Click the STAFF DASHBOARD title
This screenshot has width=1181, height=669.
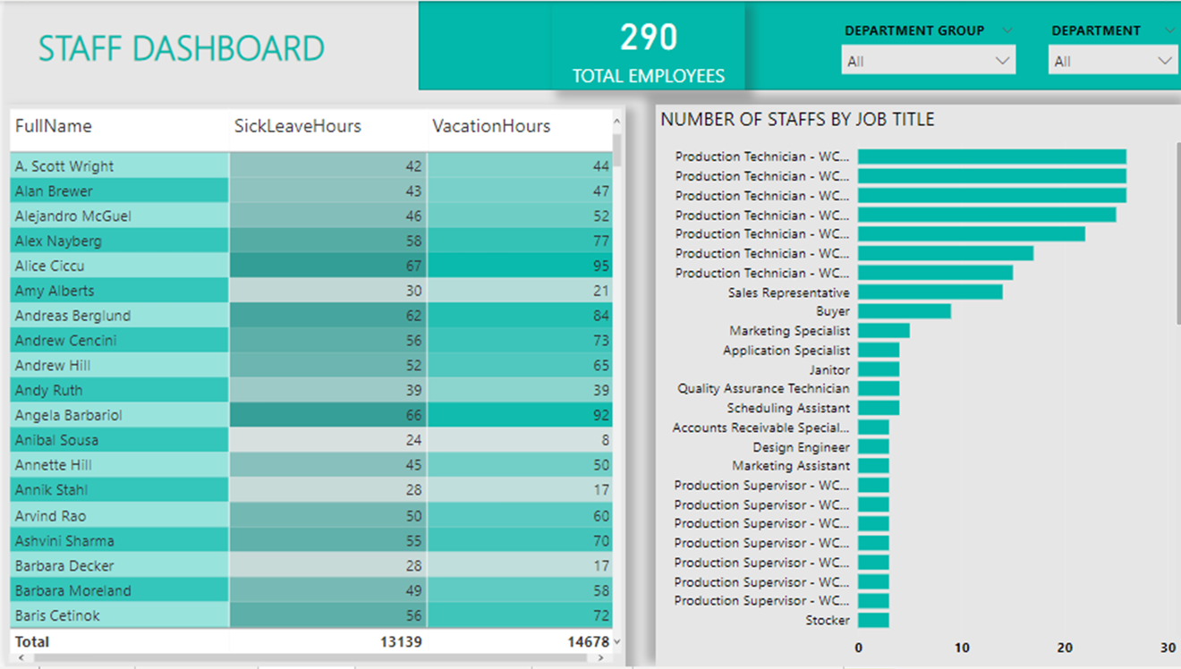pyautogui.click(x=181, y=48)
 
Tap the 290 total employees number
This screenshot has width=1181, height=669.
pyautogui.click(x=649, y=38)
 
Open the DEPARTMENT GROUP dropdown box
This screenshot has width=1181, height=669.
pyautogui.click(x=928, y=61)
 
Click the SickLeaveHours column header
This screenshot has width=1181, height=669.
pyautogui.click(x=298, y=126)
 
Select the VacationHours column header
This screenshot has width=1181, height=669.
pyautogui.click(x=491, y=126)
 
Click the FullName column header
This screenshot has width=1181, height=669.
pyautogui.click(x=54, y=126)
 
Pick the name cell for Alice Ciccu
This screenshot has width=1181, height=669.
pyautogui.click(x=50, y=266)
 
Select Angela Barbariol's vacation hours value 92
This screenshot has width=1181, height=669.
pyautogui.click(x=600, y=415)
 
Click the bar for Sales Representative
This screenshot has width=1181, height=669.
pyautogui.click(x=930, y=292)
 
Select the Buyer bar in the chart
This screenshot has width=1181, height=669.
pyautogui.click(x=904, y=311)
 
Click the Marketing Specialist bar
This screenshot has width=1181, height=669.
pyautogui.click(x=883, y=331)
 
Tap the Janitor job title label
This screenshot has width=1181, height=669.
pyautogui.click(x=829, y=369)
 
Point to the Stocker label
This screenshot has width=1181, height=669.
pyautogui.click(x=828, y=620)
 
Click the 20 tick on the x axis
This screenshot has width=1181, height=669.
pyautogui.click(x=1065, y=648)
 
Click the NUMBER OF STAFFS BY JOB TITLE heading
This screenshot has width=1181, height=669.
pyautogui.click(x=797, y=119)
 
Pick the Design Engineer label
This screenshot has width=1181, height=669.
pyautogui.click(x=802, y=446)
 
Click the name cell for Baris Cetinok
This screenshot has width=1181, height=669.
pyautogui.click(x=57, y=615)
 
